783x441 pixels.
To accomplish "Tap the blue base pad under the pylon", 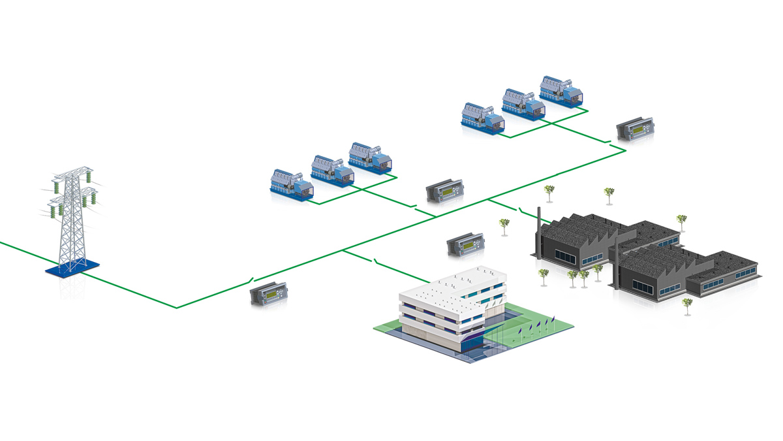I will pos(72,268).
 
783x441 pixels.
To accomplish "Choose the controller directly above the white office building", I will pos(465,246).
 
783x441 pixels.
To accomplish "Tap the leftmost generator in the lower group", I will pos(291,185).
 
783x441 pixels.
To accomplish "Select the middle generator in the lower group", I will pos(331,171).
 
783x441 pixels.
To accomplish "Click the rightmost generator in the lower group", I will pos(370,157).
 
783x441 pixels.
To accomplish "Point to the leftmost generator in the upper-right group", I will pos(483,118).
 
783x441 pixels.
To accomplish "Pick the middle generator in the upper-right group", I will pos(523,104).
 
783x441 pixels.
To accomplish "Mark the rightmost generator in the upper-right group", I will pos(561,91).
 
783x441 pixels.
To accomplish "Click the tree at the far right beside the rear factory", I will pos(681,220).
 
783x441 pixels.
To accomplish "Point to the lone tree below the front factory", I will pos(686,304).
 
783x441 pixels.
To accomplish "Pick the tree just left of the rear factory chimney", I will pos(504,225).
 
